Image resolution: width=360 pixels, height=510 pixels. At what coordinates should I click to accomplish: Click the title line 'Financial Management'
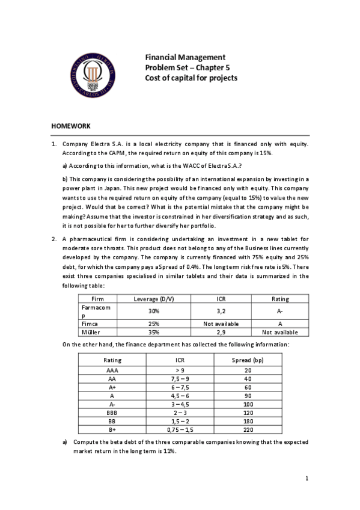click(185, 57)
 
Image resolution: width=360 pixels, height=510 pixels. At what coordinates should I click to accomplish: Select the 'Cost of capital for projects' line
click(191, 78)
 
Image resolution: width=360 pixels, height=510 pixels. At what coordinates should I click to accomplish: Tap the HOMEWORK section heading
click(70, 126)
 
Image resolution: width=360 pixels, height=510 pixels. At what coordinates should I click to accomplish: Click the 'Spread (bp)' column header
click(248, 360)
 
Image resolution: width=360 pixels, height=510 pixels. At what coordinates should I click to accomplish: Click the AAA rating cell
click(112, 371)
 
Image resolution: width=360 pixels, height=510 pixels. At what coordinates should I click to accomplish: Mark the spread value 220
click(248, 430)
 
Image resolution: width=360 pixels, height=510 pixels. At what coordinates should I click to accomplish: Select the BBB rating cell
click(112, 413)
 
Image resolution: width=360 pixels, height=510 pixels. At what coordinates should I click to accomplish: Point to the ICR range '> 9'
click(180, 371)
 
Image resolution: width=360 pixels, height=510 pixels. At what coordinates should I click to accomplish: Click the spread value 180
click(248, 422)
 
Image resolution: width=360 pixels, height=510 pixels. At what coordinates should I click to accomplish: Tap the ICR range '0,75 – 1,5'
click(180, 430)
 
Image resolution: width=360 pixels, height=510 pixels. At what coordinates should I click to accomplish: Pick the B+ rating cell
click(112, 430)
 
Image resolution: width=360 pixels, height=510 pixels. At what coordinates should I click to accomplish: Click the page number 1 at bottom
click(306, 478)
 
